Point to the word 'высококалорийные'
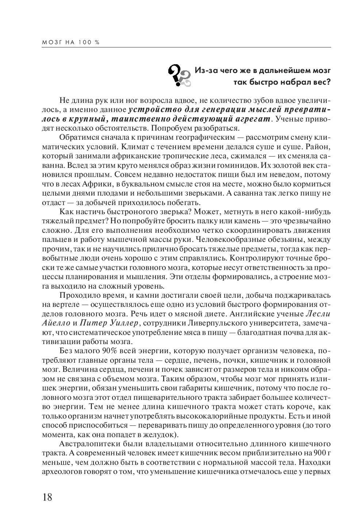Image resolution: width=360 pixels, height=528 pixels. pyautogui.click(x=207, y=416)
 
